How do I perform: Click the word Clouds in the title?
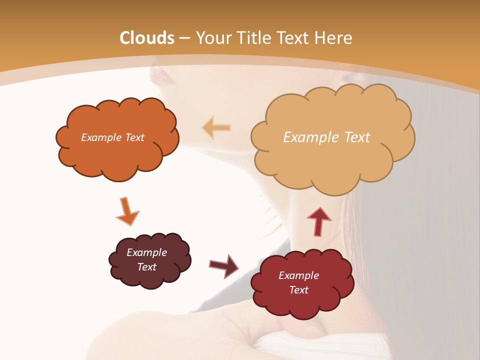(x=147, y=38)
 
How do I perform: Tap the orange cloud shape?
(x=117, y=155)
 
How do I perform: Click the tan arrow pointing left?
(x=216, y=128)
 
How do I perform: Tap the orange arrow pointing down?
(x=127, y=211)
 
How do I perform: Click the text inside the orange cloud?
(x=112, y=137)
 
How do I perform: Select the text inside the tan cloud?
(x=326, y=137)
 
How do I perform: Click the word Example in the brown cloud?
(x=146, y=252)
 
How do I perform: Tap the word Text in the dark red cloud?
(x=298, y=290)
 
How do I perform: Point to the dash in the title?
(x=185, y=38)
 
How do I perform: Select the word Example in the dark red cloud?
(x=298, y=275)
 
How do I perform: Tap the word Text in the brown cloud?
(x=146, y=267)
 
